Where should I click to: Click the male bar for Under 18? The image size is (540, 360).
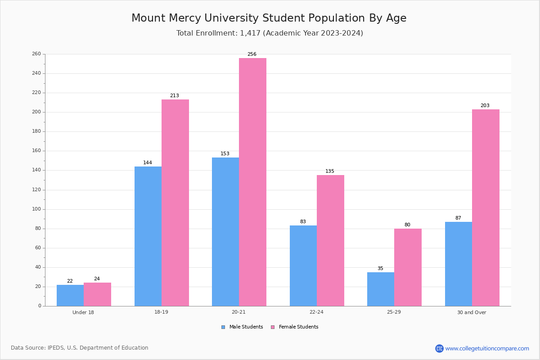(x=70, y=295)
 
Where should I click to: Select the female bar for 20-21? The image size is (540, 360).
(x=252, y=182)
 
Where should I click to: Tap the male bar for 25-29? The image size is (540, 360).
(x=381, y=289)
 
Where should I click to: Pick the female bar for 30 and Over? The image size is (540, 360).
(x=486, y=208)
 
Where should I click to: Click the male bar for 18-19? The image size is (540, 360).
(x=148, y=236)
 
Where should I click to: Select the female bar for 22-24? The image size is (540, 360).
(x=330, y=241)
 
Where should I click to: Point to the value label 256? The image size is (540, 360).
(x=252, y=54)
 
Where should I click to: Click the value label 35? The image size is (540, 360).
(x=380, y=268)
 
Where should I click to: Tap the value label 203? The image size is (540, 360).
(x=485, y=105)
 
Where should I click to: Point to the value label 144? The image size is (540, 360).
(x=148, y=162)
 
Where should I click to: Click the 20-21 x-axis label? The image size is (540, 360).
(x=238, y=312)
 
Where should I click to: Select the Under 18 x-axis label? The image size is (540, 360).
(x=83, y=312)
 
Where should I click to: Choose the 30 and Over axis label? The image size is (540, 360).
(x=472, y=312)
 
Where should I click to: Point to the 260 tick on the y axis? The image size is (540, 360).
(x=36, y=54)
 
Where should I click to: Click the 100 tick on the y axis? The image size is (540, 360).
(x=36, y=209)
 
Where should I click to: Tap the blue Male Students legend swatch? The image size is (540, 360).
(x=223, y=327)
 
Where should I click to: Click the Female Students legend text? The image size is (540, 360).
(x=299, y=327)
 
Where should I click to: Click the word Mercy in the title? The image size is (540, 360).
(x=185, y=18)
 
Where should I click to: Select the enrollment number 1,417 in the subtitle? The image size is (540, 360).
(x=250, y=33)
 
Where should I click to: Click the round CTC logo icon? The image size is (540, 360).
(x=439, y=348)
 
